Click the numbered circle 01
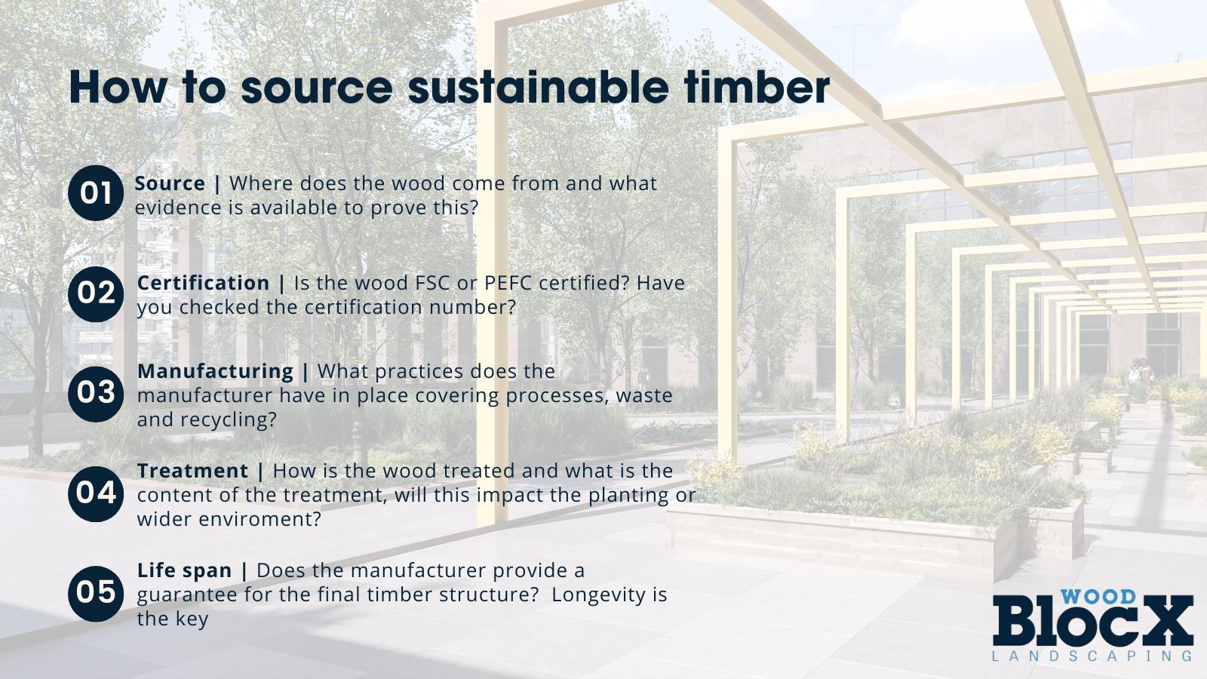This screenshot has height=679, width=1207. pos(96,193)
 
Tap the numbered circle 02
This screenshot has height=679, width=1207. pos(96,293)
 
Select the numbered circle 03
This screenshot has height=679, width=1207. pos(96,393)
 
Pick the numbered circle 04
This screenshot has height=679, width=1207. pos(96,493)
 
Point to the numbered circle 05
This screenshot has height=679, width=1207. pos(96,593)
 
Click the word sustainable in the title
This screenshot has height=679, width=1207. pos(538,88)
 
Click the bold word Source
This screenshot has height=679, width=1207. pos(170,183)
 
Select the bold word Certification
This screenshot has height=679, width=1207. pos(203,283)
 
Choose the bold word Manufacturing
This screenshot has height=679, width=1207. pos(215,371)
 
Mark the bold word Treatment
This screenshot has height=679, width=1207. pos(192,471)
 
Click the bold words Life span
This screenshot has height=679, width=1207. pos(184,570)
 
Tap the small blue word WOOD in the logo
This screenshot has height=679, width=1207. pos(1098,597)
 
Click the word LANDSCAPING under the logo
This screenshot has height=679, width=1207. pos(1092,656)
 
